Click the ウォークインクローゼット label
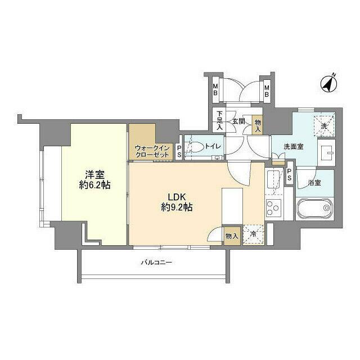[x=152, y=151]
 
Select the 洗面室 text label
[x=293, y=146]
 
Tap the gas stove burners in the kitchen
[x=273, y=208]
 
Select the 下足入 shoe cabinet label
[x=220, y=121]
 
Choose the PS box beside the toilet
[x=179, y=150]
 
